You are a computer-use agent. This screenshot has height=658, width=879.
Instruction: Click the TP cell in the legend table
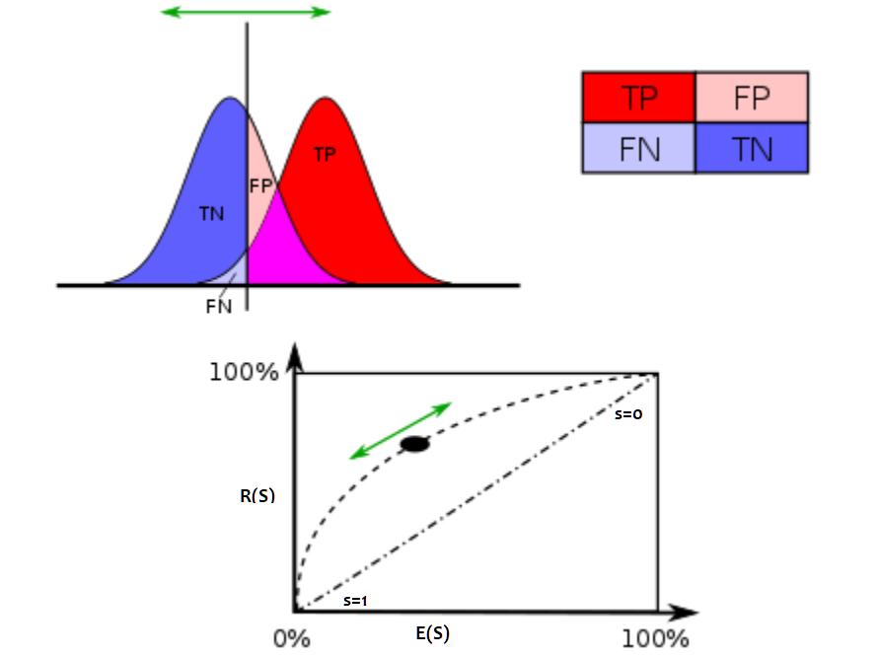point(638,97)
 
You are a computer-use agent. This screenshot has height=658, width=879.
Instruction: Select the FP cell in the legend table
point(752,97)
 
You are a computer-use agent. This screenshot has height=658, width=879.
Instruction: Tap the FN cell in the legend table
point(638,148)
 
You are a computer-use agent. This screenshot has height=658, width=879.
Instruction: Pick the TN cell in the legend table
point(752,148)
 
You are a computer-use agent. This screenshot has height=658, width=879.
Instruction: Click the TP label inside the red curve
point(325,155)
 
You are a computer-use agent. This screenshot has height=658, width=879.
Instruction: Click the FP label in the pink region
point(260,185)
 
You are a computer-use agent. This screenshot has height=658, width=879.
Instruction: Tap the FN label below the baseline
point(218,305)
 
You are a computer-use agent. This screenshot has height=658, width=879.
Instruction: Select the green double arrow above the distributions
point(246,13)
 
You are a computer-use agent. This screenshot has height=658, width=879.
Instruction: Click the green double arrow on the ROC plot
point(402,430)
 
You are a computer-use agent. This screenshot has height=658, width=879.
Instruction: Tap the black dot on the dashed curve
point(415,444)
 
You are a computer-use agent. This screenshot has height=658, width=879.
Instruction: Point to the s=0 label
point(628,414)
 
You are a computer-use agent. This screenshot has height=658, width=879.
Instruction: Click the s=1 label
point(356,600)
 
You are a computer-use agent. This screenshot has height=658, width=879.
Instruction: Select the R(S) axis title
point(257,496)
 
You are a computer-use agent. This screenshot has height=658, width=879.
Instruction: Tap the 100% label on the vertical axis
point(244,373)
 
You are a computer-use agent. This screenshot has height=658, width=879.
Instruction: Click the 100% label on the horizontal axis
point(656,638)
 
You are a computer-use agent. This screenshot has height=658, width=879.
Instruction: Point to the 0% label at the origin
point(292,638)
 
